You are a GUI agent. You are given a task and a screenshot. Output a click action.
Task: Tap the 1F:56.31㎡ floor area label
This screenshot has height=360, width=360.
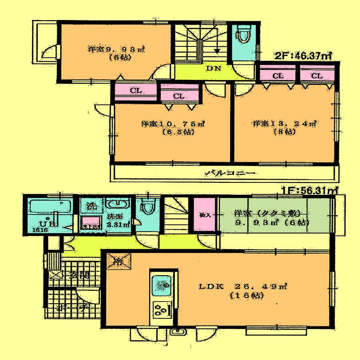click(x=308, y=191)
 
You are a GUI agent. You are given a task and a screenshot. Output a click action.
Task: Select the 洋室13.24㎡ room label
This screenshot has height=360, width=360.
click(x=284, y=124)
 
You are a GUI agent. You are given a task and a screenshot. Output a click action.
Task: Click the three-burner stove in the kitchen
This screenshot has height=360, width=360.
click(x=162, y=310)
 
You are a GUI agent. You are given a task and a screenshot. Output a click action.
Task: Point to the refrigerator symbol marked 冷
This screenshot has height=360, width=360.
click(x=119, y=263)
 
